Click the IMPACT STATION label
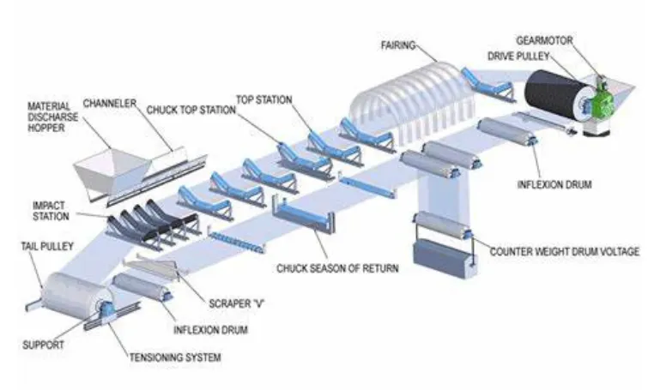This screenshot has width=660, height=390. coord(49,211)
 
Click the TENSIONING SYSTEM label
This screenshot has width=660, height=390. coord(175,357)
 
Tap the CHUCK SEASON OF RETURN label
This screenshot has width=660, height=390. coord(337,267)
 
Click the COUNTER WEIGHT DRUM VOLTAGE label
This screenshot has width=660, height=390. coord(564,252)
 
